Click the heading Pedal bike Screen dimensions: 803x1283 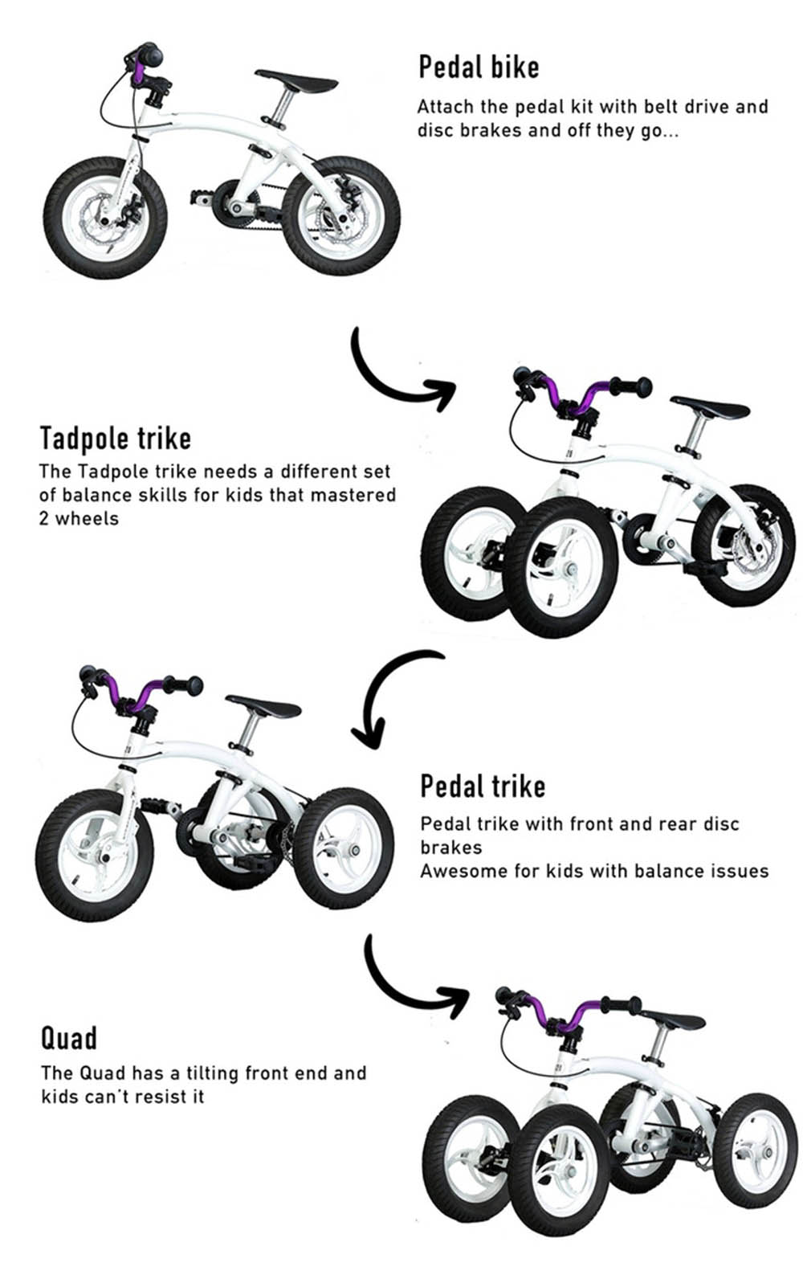click(x=479, y=67)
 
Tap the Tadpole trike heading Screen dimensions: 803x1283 click(x=115, y=439)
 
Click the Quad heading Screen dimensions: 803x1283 click(x=69, y=1038)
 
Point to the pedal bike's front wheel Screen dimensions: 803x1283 click(x=105, y=219)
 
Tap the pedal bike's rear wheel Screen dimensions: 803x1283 click(x=341, y=216)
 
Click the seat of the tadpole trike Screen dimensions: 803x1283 click(x=710, y=407)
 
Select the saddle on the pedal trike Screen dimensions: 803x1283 click(x=263, y=706)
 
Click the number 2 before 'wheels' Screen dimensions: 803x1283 click(x=44, y=518)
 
